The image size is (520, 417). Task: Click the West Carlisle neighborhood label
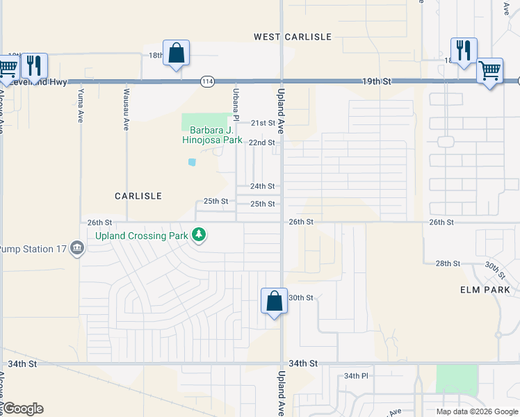pos(293,36)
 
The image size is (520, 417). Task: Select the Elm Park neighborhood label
pos(485,290)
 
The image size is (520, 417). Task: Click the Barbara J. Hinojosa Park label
pos(212,135)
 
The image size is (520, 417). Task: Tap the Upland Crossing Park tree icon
pos(200,236)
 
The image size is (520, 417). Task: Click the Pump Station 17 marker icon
pos(77,248)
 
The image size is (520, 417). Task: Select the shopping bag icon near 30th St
pos(274,301)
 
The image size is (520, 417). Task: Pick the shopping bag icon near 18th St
pos(176,53)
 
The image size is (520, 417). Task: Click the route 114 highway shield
pos(206,81)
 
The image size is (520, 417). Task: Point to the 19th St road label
pos(376,81)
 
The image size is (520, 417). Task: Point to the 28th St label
pos(448,263)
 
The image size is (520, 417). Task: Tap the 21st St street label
pos(263,123)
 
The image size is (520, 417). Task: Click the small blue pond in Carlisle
pos(191,163)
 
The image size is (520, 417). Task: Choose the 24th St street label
pos(263,186)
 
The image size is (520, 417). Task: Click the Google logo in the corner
pos(23,409)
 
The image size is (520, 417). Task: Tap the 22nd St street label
pos(263,142)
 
